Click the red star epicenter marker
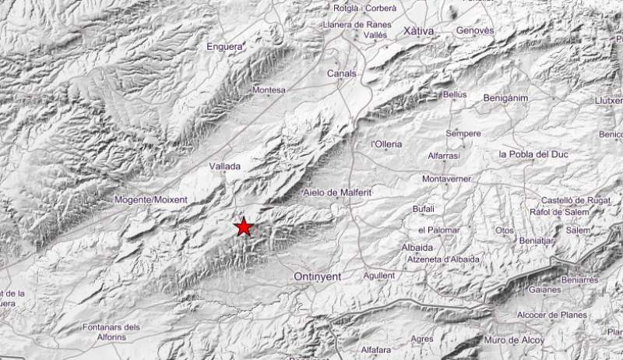(244, 227)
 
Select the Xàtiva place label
(419, 30)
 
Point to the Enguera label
(226, 47)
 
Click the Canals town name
(342, 73)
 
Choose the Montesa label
(269, 90)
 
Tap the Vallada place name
(225, 166)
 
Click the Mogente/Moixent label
(151, 199)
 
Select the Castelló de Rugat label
(575, 200)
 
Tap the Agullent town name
(379, 275)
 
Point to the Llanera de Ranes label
(356, 24)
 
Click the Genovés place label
(476, 30)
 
